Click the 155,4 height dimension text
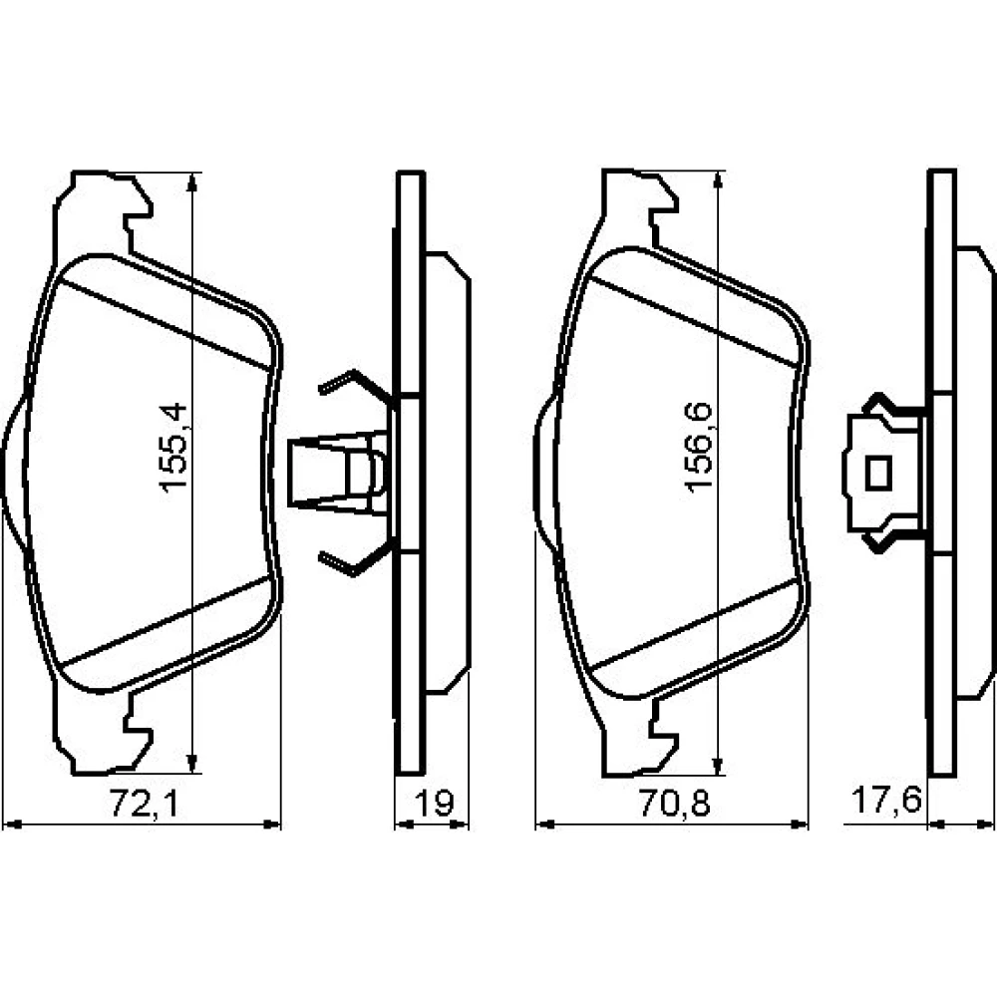[173, 447]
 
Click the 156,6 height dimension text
[700, 447]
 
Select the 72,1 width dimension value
[145, 803]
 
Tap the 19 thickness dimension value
[435, 803]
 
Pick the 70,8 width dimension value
[674, 803]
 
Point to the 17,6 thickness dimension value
[886, 800]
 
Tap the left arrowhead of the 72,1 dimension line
[12, 825]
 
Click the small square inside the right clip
[878, 474]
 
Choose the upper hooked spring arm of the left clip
[356, 385]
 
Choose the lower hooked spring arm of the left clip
[356, 558]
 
